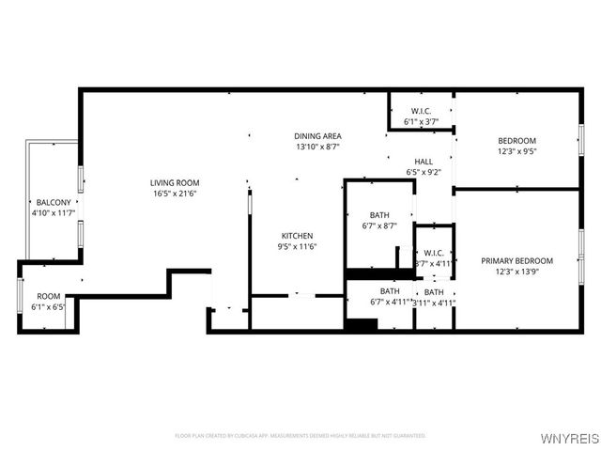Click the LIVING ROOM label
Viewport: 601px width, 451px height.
pos(175,183)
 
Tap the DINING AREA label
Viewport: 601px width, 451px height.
pos(317,136)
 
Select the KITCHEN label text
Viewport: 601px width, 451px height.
pos(298,236)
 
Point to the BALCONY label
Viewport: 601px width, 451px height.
pos(53,203)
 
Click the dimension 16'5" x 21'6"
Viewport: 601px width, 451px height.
pos(175,194)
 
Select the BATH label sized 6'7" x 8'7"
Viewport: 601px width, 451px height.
pos(380,215)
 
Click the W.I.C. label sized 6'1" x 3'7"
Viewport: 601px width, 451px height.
pos(421,112)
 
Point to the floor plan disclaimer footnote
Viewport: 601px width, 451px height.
pos(300,435)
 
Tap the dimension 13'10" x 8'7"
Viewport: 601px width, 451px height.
pos(317,147)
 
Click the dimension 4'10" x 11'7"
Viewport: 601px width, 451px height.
pos(53,213)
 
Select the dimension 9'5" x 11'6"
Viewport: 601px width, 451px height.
pos(298,246)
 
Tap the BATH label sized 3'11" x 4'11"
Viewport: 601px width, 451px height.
pos(434,291)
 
